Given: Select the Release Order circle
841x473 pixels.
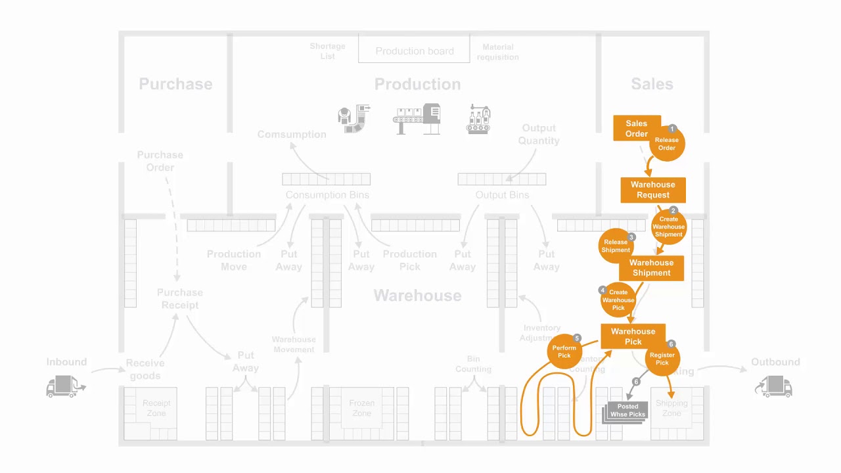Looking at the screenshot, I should [667, 144].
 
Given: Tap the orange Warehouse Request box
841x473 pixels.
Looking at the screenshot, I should [653, 190].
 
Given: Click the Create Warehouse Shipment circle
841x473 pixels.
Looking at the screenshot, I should [669, 227].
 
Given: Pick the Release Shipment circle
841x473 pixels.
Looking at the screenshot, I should [616, 246].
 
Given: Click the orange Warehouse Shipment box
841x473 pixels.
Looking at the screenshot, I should [651, 268].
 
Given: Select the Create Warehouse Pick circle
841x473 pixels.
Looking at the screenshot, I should [618, 300].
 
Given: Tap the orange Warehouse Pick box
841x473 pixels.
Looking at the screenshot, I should [633, 336].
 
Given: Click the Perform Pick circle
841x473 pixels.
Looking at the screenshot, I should [564, 352].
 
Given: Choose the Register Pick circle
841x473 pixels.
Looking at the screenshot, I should [662, 359].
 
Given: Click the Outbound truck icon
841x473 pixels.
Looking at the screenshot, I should [775, 386].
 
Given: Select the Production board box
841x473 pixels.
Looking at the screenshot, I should [415, 51].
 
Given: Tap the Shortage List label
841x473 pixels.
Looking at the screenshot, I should [327, 51].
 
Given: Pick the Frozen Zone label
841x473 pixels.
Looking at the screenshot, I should [361, 408].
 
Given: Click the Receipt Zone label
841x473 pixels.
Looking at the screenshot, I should [156, 408].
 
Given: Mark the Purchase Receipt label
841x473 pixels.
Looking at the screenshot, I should [179, 299].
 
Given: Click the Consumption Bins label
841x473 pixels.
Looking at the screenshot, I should [327, 195].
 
